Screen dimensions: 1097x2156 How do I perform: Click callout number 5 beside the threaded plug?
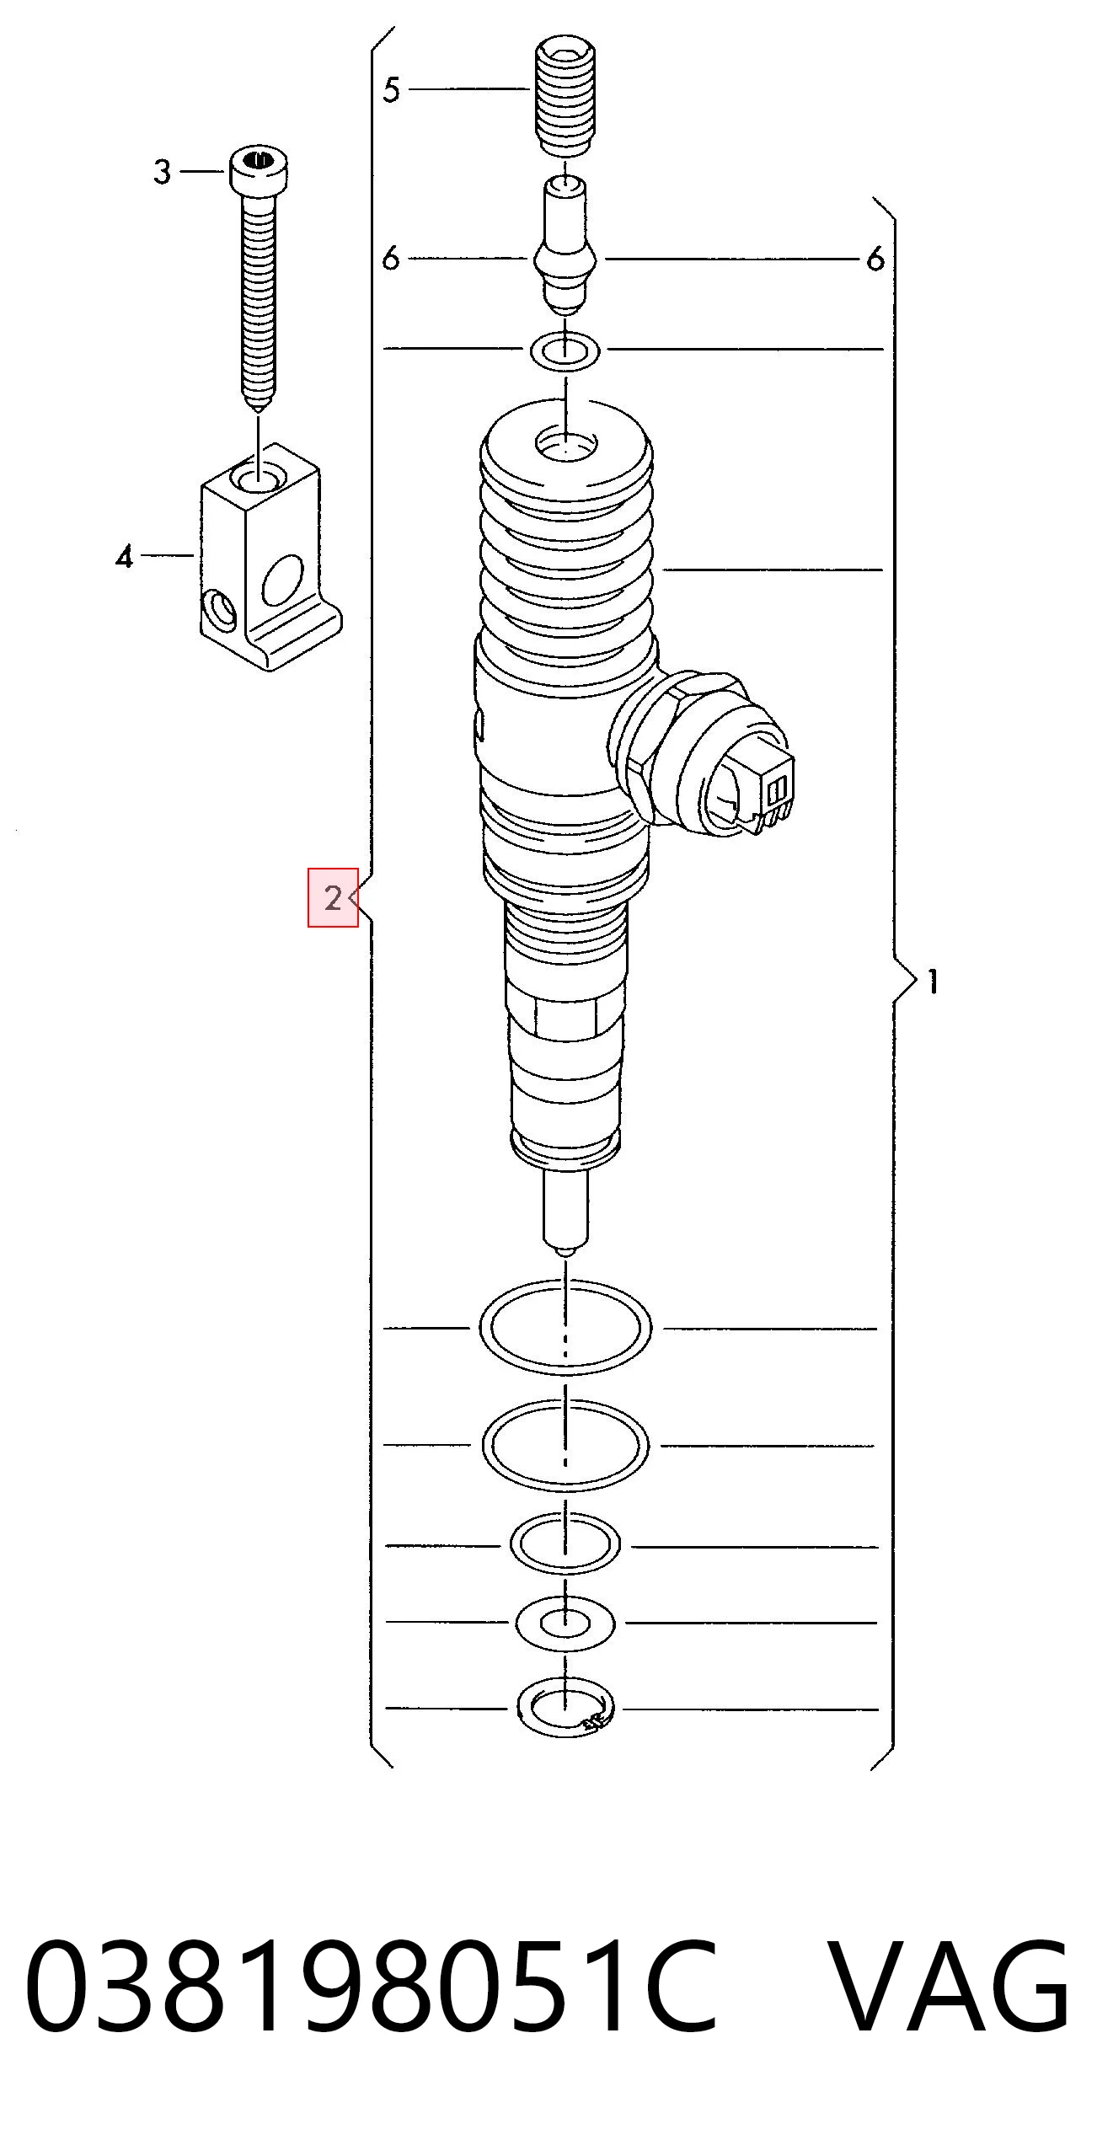pos(391,89)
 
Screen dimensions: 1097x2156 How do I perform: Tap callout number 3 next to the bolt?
pos(162,172)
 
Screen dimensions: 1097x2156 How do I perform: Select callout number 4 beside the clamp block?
pos(125,556)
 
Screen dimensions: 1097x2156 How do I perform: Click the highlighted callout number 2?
pos(333,898)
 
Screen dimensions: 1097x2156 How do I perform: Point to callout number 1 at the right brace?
pos(933,982)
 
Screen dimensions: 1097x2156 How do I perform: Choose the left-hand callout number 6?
pos(390,259)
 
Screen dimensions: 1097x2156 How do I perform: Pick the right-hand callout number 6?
pos(876,259)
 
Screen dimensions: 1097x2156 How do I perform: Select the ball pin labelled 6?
pos(565,244)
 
